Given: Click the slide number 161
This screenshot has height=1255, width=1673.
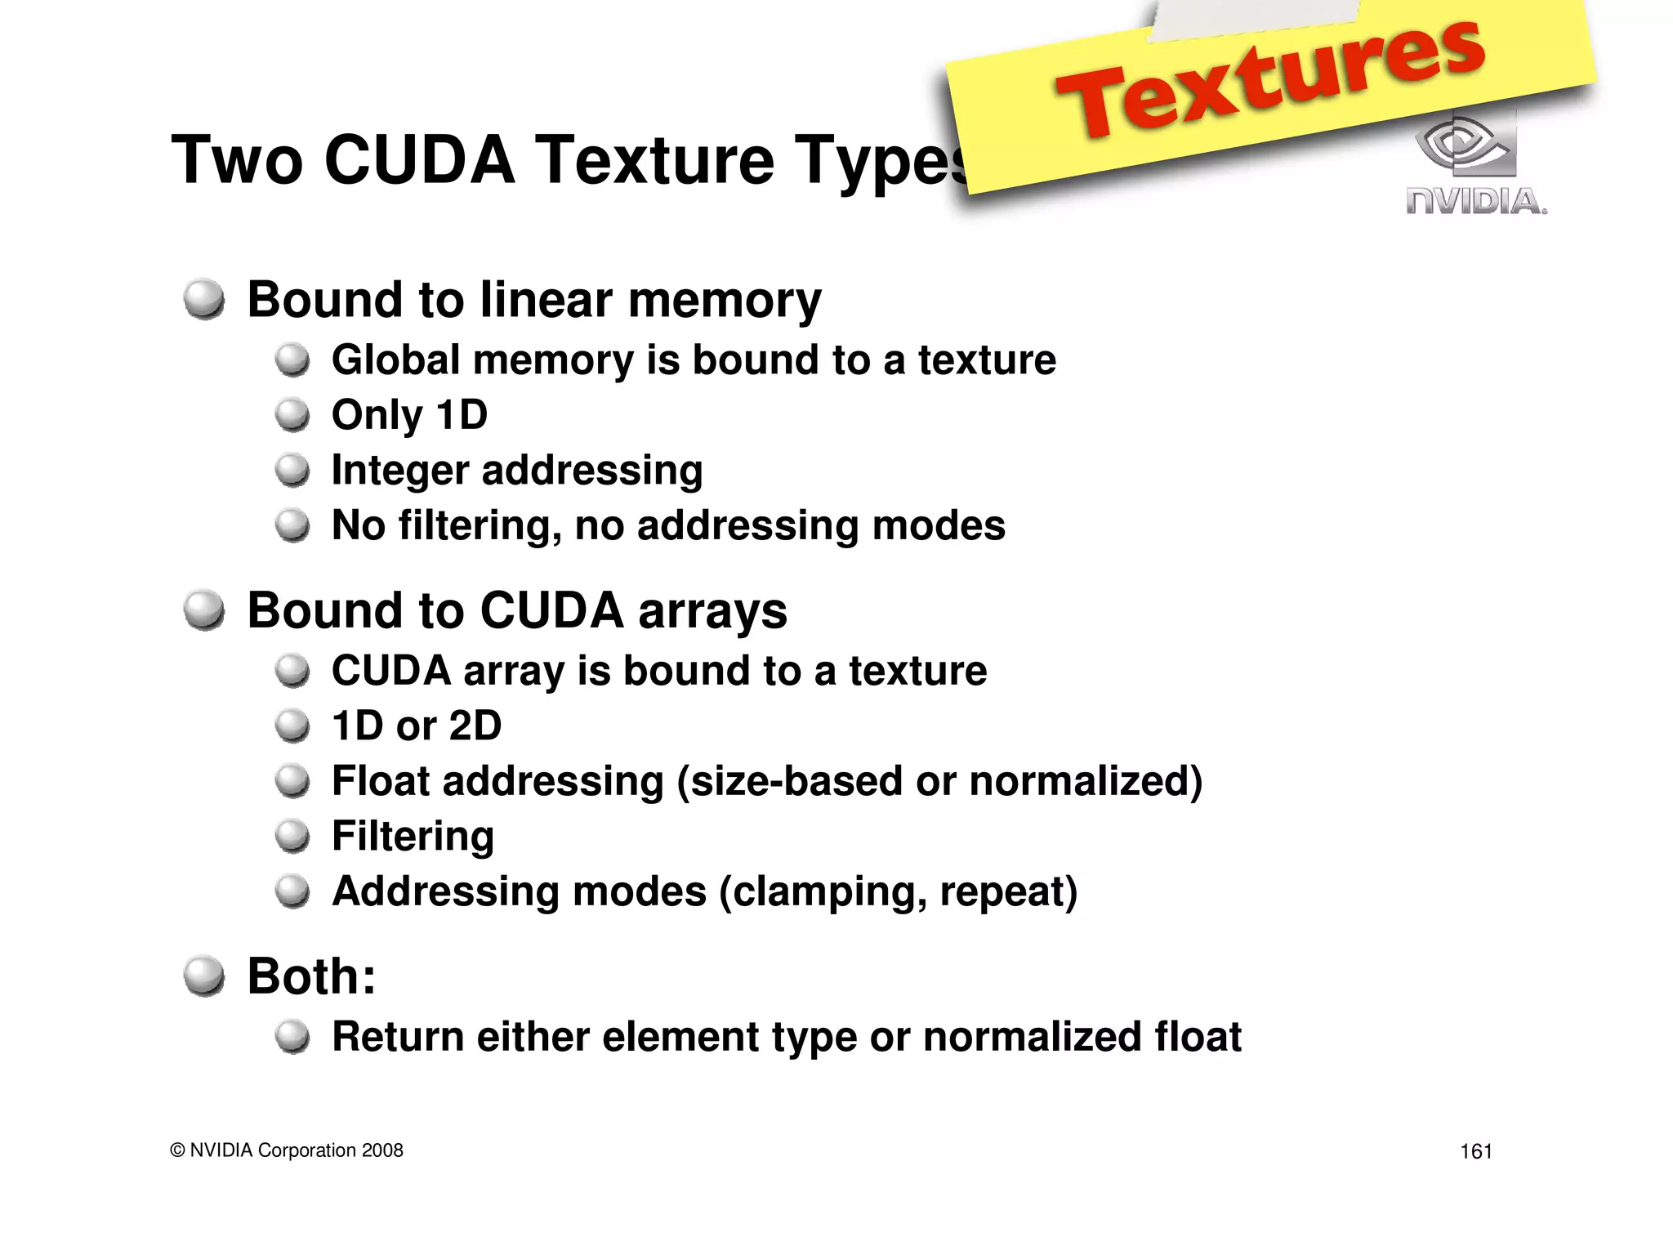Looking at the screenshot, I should click(1475, 1151).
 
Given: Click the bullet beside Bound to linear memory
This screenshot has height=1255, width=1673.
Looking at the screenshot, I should click(203, 300).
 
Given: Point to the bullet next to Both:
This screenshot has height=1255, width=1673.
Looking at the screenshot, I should click(203, 976).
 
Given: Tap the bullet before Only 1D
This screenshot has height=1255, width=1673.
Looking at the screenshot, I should click(292, 415).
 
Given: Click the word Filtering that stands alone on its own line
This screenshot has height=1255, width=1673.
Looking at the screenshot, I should click(413, 837).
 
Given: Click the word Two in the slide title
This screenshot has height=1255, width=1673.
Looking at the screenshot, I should click(237, 160).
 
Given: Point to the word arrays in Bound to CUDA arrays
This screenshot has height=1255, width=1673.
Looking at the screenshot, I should click(712, 611).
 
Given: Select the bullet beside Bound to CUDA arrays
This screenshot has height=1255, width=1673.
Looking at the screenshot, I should click(203, 611).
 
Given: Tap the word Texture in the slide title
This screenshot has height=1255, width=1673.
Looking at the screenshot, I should click(654, 160).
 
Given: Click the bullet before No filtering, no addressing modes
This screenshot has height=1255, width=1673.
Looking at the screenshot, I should click(292, 525).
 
